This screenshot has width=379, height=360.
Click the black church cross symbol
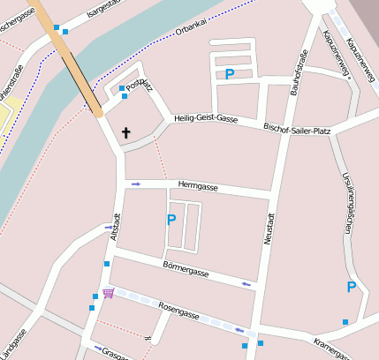125,133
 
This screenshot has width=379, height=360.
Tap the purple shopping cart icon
108,293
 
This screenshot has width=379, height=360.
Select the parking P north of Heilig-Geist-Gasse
230,75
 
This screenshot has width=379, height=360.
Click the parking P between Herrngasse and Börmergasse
171,220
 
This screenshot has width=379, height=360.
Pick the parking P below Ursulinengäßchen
351,288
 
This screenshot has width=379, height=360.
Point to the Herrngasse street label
198,186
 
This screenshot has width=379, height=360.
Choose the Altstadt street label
114,227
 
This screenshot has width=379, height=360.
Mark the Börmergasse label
186,268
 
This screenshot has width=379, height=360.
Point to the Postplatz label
140,86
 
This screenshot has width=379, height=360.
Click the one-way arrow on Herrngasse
135,184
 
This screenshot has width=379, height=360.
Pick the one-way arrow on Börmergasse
246,283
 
